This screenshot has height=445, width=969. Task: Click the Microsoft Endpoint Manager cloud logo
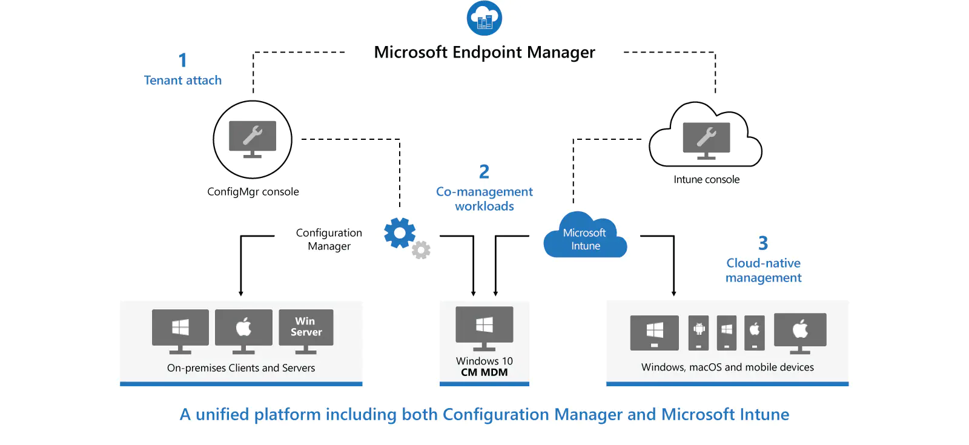[x=484, y=18]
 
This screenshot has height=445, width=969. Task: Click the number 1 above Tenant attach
[x=182, y=60]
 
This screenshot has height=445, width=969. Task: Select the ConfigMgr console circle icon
[x=253, y=139]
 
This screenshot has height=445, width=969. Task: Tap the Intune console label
[x=706, y=179]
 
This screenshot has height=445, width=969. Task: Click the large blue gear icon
[x=400, y=232]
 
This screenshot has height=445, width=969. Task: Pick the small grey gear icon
[x=421, y=249]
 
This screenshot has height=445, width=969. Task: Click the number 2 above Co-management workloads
[x=484, y=172]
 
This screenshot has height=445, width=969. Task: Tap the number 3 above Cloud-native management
[x=763, y=243]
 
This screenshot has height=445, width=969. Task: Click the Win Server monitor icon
[x=306, y=330]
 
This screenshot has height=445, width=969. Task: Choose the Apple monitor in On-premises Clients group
[x=243, y=330]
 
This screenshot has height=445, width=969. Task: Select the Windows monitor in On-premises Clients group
[x=180, y=330]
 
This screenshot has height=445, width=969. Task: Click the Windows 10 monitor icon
[x=484, y=327]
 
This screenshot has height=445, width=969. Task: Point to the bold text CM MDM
[x=484, y=372]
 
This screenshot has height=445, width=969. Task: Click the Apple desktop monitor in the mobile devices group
[x=800, y=332]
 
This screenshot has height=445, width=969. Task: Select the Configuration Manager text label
[x=329, y=239]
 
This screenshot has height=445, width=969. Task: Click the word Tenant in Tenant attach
[x=163, y=80]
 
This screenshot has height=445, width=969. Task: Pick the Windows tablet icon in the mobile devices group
[x=654, y=332]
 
